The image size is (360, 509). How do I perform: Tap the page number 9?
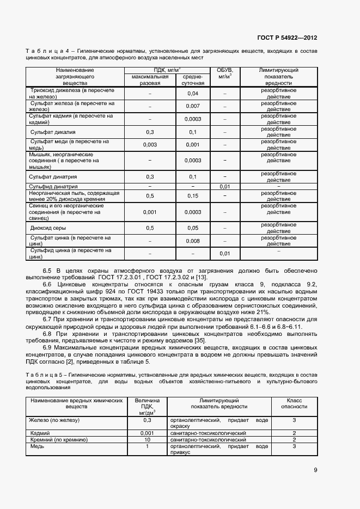[x=315, y=470]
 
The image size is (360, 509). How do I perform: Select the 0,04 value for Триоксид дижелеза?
[x=192, y=94]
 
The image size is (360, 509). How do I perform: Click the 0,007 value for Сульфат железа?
[x=192, y=106]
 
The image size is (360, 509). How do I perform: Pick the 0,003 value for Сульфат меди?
[x=150, y=145]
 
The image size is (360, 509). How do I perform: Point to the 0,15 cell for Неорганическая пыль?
[x=192, y=195]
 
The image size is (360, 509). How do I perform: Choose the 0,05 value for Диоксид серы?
[x=192, y=228]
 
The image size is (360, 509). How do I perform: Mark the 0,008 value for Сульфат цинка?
[x=192, y=241]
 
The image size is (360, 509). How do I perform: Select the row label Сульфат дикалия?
[x=53, y=132]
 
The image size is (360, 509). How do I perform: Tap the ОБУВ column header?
[x=225, y=73]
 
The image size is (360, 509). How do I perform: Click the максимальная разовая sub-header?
[x=150, y=80]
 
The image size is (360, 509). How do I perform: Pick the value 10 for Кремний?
[x=147, y=439]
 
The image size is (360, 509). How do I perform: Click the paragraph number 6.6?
[x=47, y=285]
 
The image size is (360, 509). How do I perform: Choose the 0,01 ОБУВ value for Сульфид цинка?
[x=225, y=254]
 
